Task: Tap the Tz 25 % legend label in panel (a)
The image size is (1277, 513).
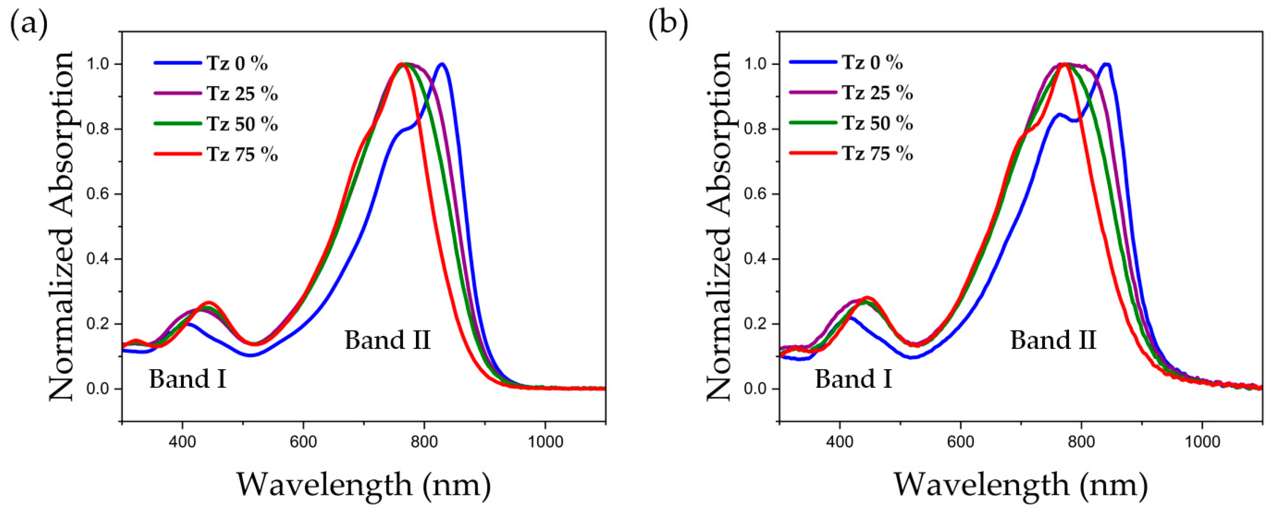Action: pyautogui.click(x=242, y=93)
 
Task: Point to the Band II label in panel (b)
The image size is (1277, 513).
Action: pyautogui.click(x=1053, y=340)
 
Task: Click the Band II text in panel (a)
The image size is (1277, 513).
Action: pyautogui.click(x=387, y=340)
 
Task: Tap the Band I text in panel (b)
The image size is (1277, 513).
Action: pyautogui.click(x=853, y=379)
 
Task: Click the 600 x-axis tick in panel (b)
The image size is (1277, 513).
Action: pyautogui.click(x=961, y=441)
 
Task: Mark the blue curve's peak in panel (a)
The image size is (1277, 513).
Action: pyautogui.click(x=442, y=64)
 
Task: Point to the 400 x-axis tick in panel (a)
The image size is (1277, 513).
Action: pyautogui.click(x=182, y=441)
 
